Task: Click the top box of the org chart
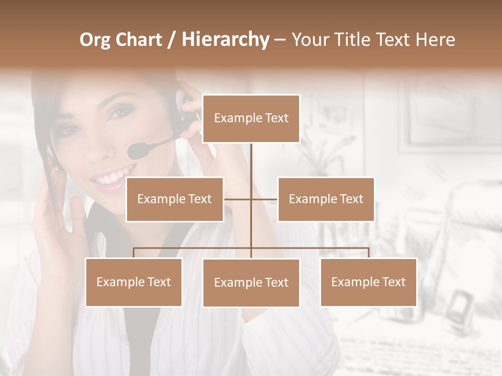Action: (251, 119)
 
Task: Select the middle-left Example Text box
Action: (175, 199)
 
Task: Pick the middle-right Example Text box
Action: (326, 199)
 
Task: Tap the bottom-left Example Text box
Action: (133, 282)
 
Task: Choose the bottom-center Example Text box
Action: (251, 283)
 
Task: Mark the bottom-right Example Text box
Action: (368, 282)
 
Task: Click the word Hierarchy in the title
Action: (225, 40)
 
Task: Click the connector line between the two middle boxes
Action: (251, 199)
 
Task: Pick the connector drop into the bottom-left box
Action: (133, 253)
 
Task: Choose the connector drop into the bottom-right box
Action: (368, 253)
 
